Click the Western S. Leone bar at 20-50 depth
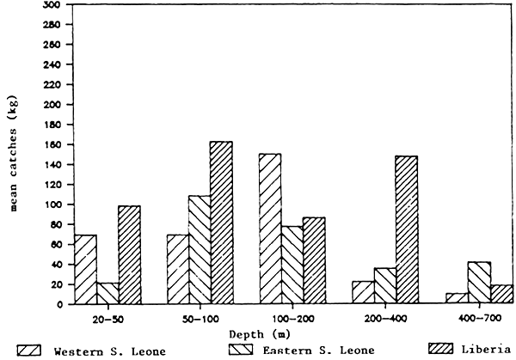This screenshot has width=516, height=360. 85,269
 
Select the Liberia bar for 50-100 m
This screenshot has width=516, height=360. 221,223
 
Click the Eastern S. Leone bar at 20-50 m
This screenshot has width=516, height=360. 107,293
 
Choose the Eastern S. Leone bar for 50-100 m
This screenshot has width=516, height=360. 199,250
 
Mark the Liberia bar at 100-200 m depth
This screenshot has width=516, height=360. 314,260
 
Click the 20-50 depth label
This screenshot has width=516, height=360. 107,317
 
